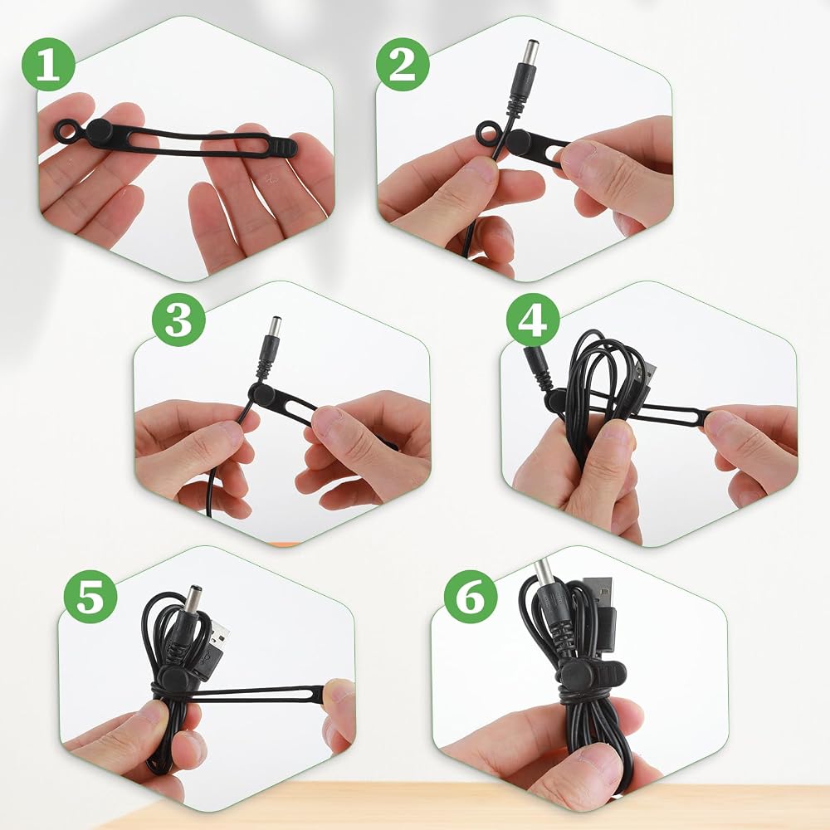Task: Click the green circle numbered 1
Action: tap(48, 65)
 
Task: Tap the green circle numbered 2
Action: tap(403, 65)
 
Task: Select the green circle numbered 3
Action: tap(178, 320)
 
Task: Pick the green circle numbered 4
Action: tap(533, 320)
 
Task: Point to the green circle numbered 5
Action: tap(90, 597)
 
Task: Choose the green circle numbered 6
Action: tap(471, 597)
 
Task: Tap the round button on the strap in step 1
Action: tap(99, 134)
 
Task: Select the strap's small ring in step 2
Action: tap(488, 132)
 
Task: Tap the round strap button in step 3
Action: tap(259, 393)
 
